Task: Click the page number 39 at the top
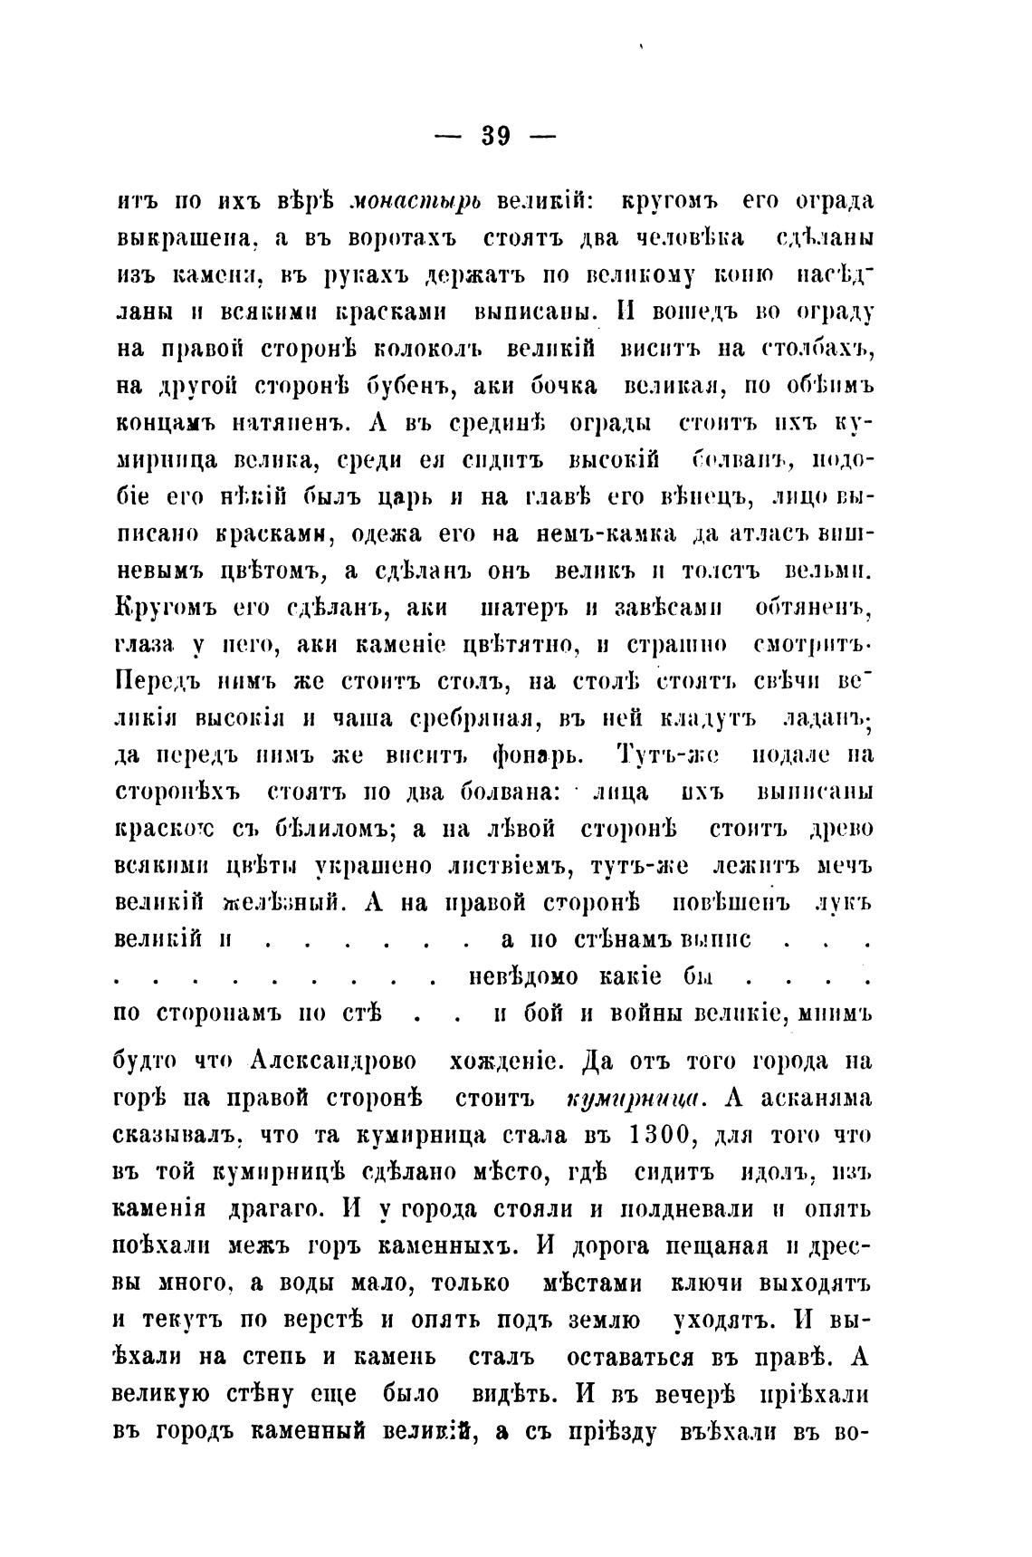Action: [x=496, y=136]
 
